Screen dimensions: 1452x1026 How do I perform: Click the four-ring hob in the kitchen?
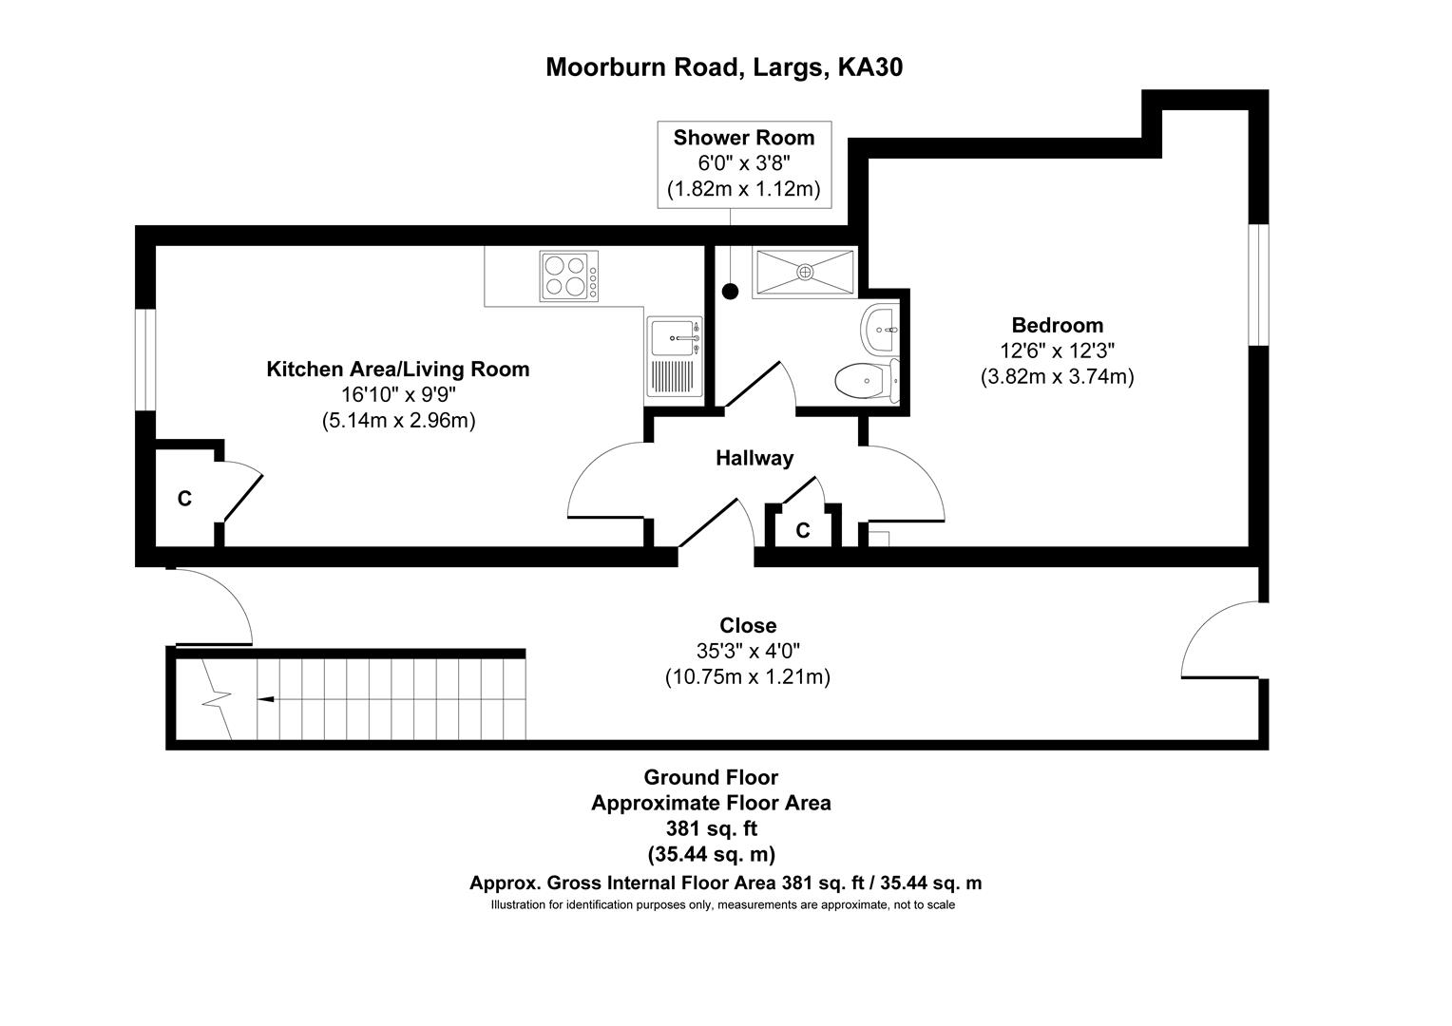click(569, 276)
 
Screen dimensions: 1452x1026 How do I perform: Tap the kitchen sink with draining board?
click(675, 357)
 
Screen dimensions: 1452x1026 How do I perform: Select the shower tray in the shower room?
click(805, 273)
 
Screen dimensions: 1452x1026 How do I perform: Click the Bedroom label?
click(1057, 325)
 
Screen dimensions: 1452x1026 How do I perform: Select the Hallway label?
click(755, 458)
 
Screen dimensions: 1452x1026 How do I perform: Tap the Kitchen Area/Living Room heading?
click(398, 370)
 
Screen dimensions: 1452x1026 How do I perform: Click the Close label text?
click(748, 625)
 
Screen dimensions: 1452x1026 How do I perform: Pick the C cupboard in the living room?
click(184, 499)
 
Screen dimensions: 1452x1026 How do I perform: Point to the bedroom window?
click(1258, 285)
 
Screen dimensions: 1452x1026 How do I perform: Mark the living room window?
click(145, 360)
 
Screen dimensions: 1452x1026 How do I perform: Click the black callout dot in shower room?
click(731, 292)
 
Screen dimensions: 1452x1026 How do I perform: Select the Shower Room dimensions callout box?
click(744, 164)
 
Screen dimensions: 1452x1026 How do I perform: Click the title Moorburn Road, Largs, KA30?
click(724, 67)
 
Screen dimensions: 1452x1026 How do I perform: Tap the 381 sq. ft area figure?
click(711, 828)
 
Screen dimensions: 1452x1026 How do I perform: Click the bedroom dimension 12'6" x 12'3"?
click(1057, 351)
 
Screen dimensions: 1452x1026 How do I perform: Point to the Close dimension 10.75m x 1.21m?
click(748, 676)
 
